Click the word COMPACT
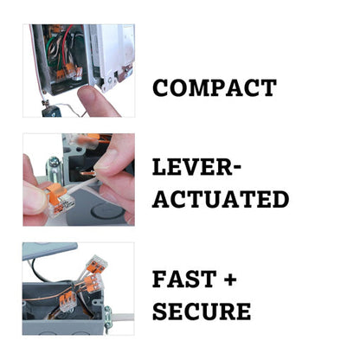tap(214, 87)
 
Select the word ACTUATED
tap(220, 199)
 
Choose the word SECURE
tap(213, 311)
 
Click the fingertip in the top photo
tap(94, 98)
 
